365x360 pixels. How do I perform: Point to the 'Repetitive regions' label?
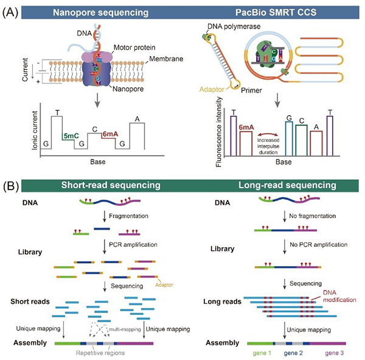coord(102,352)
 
